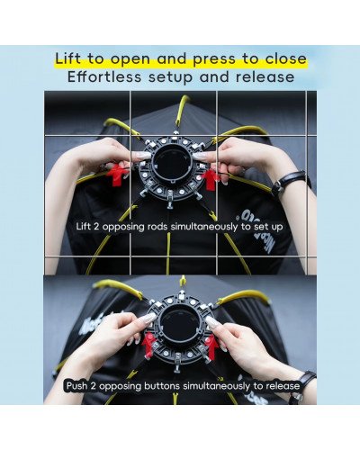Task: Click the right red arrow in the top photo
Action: pos(210,178)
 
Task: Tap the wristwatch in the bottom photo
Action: pos(301,385)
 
